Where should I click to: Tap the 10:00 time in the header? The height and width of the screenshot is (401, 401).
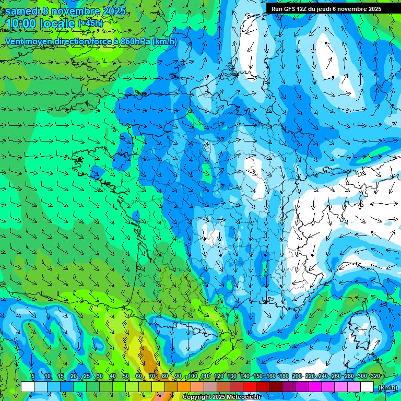(22, 23)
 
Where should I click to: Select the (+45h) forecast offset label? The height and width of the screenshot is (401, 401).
(90, 23)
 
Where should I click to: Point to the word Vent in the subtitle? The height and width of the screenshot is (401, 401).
(14, 41)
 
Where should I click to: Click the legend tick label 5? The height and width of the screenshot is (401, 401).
(33, 376)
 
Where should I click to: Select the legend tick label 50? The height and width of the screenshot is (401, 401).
(126, 376)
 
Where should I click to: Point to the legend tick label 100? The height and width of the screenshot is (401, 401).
(193, 376)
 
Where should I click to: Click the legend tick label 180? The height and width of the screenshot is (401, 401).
(284, 376)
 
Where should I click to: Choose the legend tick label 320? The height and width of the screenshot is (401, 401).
(375, 376)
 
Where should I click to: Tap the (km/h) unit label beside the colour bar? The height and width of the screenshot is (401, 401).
(387, 387)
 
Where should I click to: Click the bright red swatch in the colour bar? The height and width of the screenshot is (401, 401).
(250, 387)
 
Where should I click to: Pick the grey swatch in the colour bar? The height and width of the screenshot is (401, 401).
(210, 387)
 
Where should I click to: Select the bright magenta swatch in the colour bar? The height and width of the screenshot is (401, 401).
(315, 387)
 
